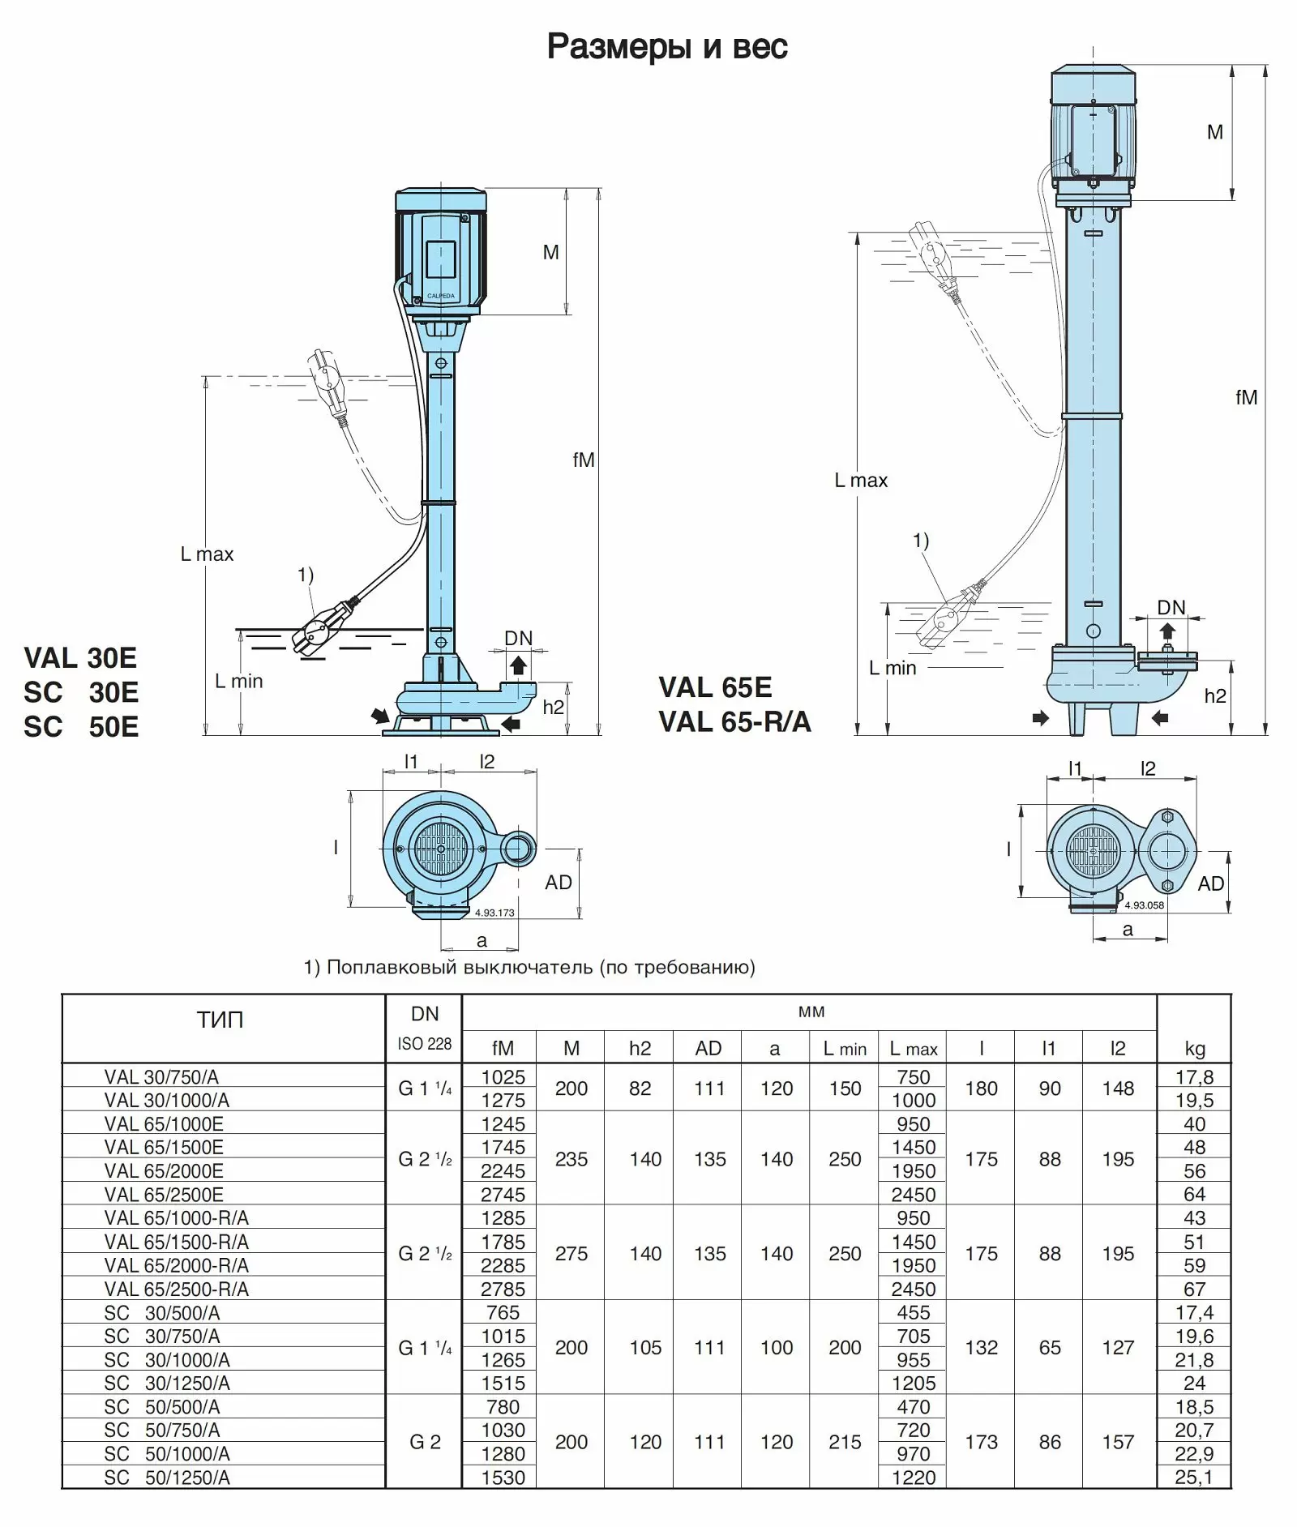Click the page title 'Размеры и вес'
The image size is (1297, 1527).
pos(666,47)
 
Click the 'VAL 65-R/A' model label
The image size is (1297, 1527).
pos(734,721)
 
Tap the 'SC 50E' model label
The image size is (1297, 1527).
pos(81,727)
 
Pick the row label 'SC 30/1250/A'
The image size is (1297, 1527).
pos(167,1383)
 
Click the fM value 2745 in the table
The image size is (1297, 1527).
pos(503,1194)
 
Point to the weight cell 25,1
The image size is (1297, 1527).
pos(1194,1477)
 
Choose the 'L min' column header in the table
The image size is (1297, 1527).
pos(845,1049)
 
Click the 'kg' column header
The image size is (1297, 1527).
pos(1195,1049)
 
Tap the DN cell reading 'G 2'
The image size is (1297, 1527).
pos(425,1442)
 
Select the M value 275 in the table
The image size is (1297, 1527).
pos(571,1253)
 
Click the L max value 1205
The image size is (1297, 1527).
pos(914,1383)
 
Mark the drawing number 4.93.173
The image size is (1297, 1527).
pos(494,913)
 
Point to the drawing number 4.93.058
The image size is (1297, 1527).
pos(1144,905)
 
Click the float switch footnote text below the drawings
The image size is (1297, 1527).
pos(529,967)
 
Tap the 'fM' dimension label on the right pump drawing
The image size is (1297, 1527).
pos(1246,397)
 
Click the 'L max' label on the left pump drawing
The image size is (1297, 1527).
pos(207,554)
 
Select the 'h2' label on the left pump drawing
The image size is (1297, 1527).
pos(554,707)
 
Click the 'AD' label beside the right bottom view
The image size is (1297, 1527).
pos(1211,883)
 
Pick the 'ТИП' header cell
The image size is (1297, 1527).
pos(220,1020)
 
